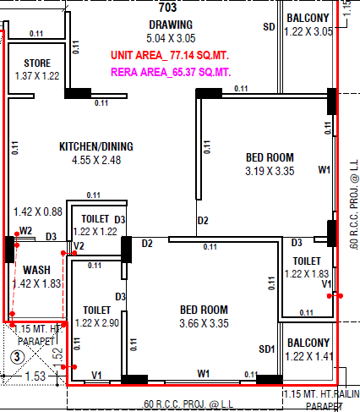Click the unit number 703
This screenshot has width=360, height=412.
168,8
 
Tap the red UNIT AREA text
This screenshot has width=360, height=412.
170,55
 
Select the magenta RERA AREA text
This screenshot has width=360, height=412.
171,72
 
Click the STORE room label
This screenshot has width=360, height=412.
37,63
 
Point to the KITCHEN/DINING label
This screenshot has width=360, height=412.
96,146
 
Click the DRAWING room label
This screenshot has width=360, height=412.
171,25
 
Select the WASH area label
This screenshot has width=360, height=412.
36,270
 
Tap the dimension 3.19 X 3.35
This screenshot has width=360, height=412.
270,171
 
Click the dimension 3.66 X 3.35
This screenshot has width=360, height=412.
204,323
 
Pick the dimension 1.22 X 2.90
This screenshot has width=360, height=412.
97,323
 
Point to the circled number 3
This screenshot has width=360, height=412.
17,357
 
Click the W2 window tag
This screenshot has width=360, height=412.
25,231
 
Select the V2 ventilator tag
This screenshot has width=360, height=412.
79,246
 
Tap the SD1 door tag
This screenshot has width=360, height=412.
267,349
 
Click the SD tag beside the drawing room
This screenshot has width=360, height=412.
269,27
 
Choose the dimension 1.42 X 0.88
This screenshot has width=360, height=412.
38,211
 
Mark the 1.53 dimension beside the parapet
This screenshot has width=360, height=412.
35,376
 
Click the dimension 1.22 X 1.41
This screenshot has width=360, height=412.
309,356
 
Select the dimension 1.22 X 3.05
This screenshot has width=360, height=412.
308,31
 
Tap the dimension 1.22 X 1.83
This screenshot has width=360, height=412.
307,274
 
